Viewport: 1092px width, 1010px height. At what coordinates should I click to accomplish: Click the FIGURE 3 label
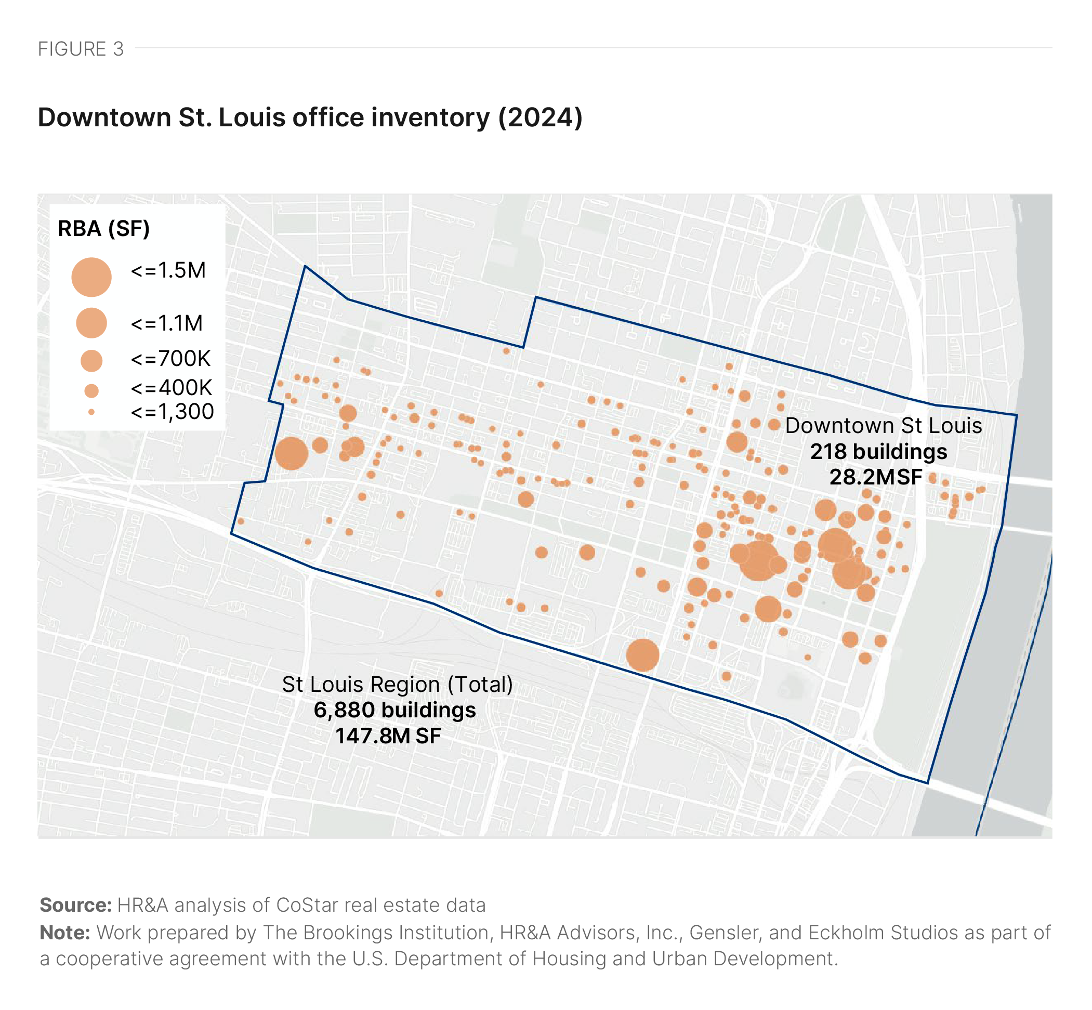pos(81,49)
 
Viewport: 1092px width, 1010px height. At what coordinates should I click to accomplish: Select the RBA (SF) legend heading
pos(104,228)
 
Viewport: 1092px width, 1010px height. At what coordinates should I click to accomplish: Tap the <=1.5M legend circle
pos(91,277)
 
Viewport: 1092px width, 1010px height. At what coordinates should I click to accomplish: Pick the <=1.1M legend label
pos(167,323)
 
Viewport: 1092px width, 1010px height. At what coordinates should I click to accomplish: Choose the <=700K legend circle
pos(91,361)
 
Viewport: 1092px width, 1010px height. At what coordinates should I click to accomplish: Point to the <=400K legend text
pos(171,387)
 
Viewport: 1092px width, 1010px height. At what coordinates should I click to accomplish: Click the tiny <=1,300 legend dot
pos(91,412)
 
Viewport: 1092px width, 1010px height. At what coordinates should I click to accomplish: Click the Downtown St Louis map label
pos(883,426)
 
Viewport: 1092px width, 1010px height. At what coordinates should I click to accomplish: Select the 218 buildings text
pos(878,452)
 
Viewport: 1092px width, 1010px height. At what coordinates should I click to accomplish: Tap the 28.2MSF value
pos(876,477)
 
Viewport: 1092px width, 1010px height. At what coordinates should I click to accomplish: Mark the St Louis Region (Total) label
pos(397,684)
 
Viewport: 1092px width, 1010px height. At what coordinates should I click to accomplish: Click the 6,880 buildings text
pos(394,710)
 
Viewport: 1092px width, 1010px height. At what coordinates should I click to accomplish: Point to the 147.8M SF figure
pos(388,736)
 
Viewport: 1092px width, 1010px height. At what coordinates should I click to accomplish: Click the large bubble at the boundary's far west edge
pos(291,453)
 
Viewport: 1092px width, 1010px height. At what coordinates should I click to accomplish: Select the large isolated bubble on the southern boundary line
pos(642,655)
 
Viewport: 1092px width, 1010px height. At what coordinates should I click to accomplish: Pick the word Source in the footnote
pos(75,905)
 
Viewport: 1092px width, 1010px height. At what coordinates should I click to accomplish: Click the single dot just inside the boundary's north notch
pos(506,351)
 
